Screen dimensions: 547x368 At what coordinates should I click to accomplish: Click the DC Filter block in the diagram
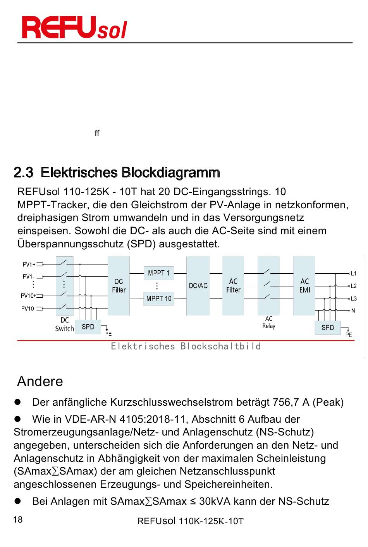coord(119,286)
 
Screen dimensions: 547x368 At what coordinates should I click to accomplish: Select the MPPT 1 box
coord(158,273)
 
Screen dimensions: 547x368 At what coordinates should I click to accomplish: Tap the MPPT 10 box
coord(158,298)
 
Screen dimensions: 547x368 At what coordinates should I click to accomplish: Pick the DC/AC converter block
coord(198,286)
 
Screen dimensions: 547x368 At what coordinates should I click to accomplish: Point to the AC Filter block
coord(233,286)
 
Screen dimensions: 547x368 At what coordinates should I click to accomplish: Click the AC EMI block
coord(304,286)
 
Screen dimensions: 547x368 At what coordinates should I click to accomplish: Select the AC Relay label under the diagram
coord(269,322)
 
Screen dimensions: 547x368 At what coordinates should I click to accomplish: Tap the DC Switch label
coord(64,324)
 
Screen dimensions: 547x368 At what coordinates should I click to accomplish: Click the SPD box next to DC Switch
coord(88,327)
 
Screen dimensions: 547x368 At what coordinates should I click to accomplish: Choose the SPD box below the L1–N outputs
coord(328,328)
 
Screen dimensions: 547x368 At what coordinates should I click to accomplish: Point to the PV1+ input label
coord(29,265)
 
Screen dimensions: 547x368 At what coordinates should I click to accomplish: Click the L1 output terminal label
coord(353,273)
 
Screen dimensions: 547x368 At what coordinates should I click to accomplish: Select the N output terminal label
coord(353,310)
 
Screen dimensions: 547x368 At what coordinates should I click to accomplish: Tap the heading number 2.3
coord(23,172)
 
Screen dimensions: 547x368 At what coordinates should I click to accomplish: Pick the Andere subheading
coord(40,381)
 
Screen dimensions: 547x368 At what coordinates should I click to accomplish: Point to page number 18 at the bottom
coord(18,520)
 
